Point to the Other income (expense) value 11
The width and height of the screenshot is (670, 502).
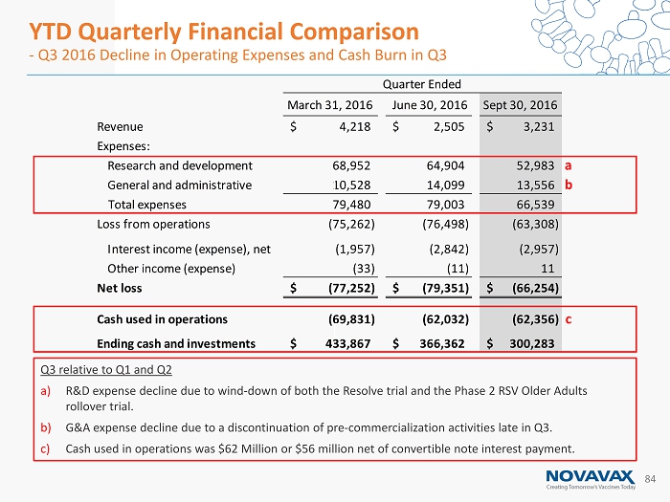[549, 268]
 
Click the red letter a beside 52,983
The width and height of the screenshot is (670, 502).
[569, 165]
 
